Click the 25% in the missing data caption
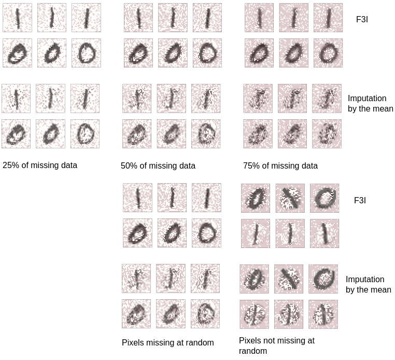[10, 165]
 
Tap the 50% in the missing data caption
[129, 166]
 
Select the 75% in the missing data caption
[251, 166]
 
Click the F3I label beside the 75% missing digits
[362, 19]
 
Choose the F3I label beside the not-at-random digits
[360, 200]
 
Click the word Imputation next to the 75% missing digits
[367, 99]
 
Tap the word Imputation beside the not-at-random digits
[365, 279]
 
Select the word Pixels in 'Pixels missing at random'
[133, 342]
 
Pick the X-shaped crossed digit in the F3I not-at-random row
[290, 198]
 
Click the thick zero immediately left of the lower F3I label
[325, 198]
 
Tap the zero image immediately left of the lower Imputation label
[323, 279]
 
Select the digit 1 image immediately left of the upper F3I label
[328, 18]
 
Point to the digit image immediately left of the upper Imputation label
[327, 99]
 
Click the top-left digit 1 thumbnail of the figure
[17, 18]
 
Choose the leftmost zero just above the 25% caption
[16, 134]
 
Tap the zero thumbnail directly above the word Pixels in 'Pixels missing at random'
[136, 314]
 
